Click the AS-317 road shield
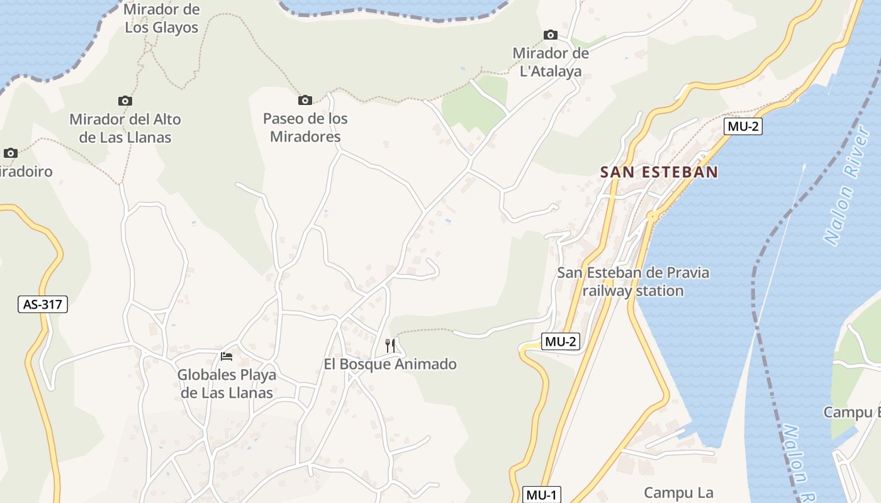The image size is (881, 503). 42,305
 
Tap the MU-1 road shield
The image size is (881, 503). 542,495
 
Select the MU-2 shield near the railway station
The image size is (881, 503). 560,342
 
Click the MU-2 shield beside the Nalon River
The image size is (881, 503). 743,126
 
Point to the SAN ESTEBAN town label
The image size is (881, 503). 659,172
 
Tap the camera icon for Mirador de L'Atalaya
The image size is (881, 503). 551,35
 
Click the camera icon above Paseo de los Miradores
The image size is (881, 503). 305,100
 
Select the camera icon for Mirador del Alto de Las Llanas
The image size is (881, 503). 125,101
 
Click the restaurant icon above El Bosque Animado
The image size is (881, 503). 390,345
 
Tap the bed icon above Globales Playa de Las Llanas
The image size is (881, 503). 227,357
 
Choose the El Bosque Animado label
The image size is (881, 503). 390,364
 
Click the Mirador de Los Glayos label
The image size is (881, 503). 162,19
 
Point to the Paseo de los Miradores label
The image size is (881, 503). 305,128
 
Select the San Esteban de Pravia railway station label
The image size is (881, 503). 633,282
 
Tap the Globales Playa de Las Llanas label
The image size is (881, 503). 227,384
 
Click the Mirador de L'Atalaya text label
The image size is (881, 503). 551,62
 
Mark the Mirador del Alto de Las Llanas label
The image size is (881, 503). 125,128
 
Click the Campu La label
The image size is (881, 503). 678,492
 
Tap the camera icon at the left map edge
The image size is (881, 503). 10,153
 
